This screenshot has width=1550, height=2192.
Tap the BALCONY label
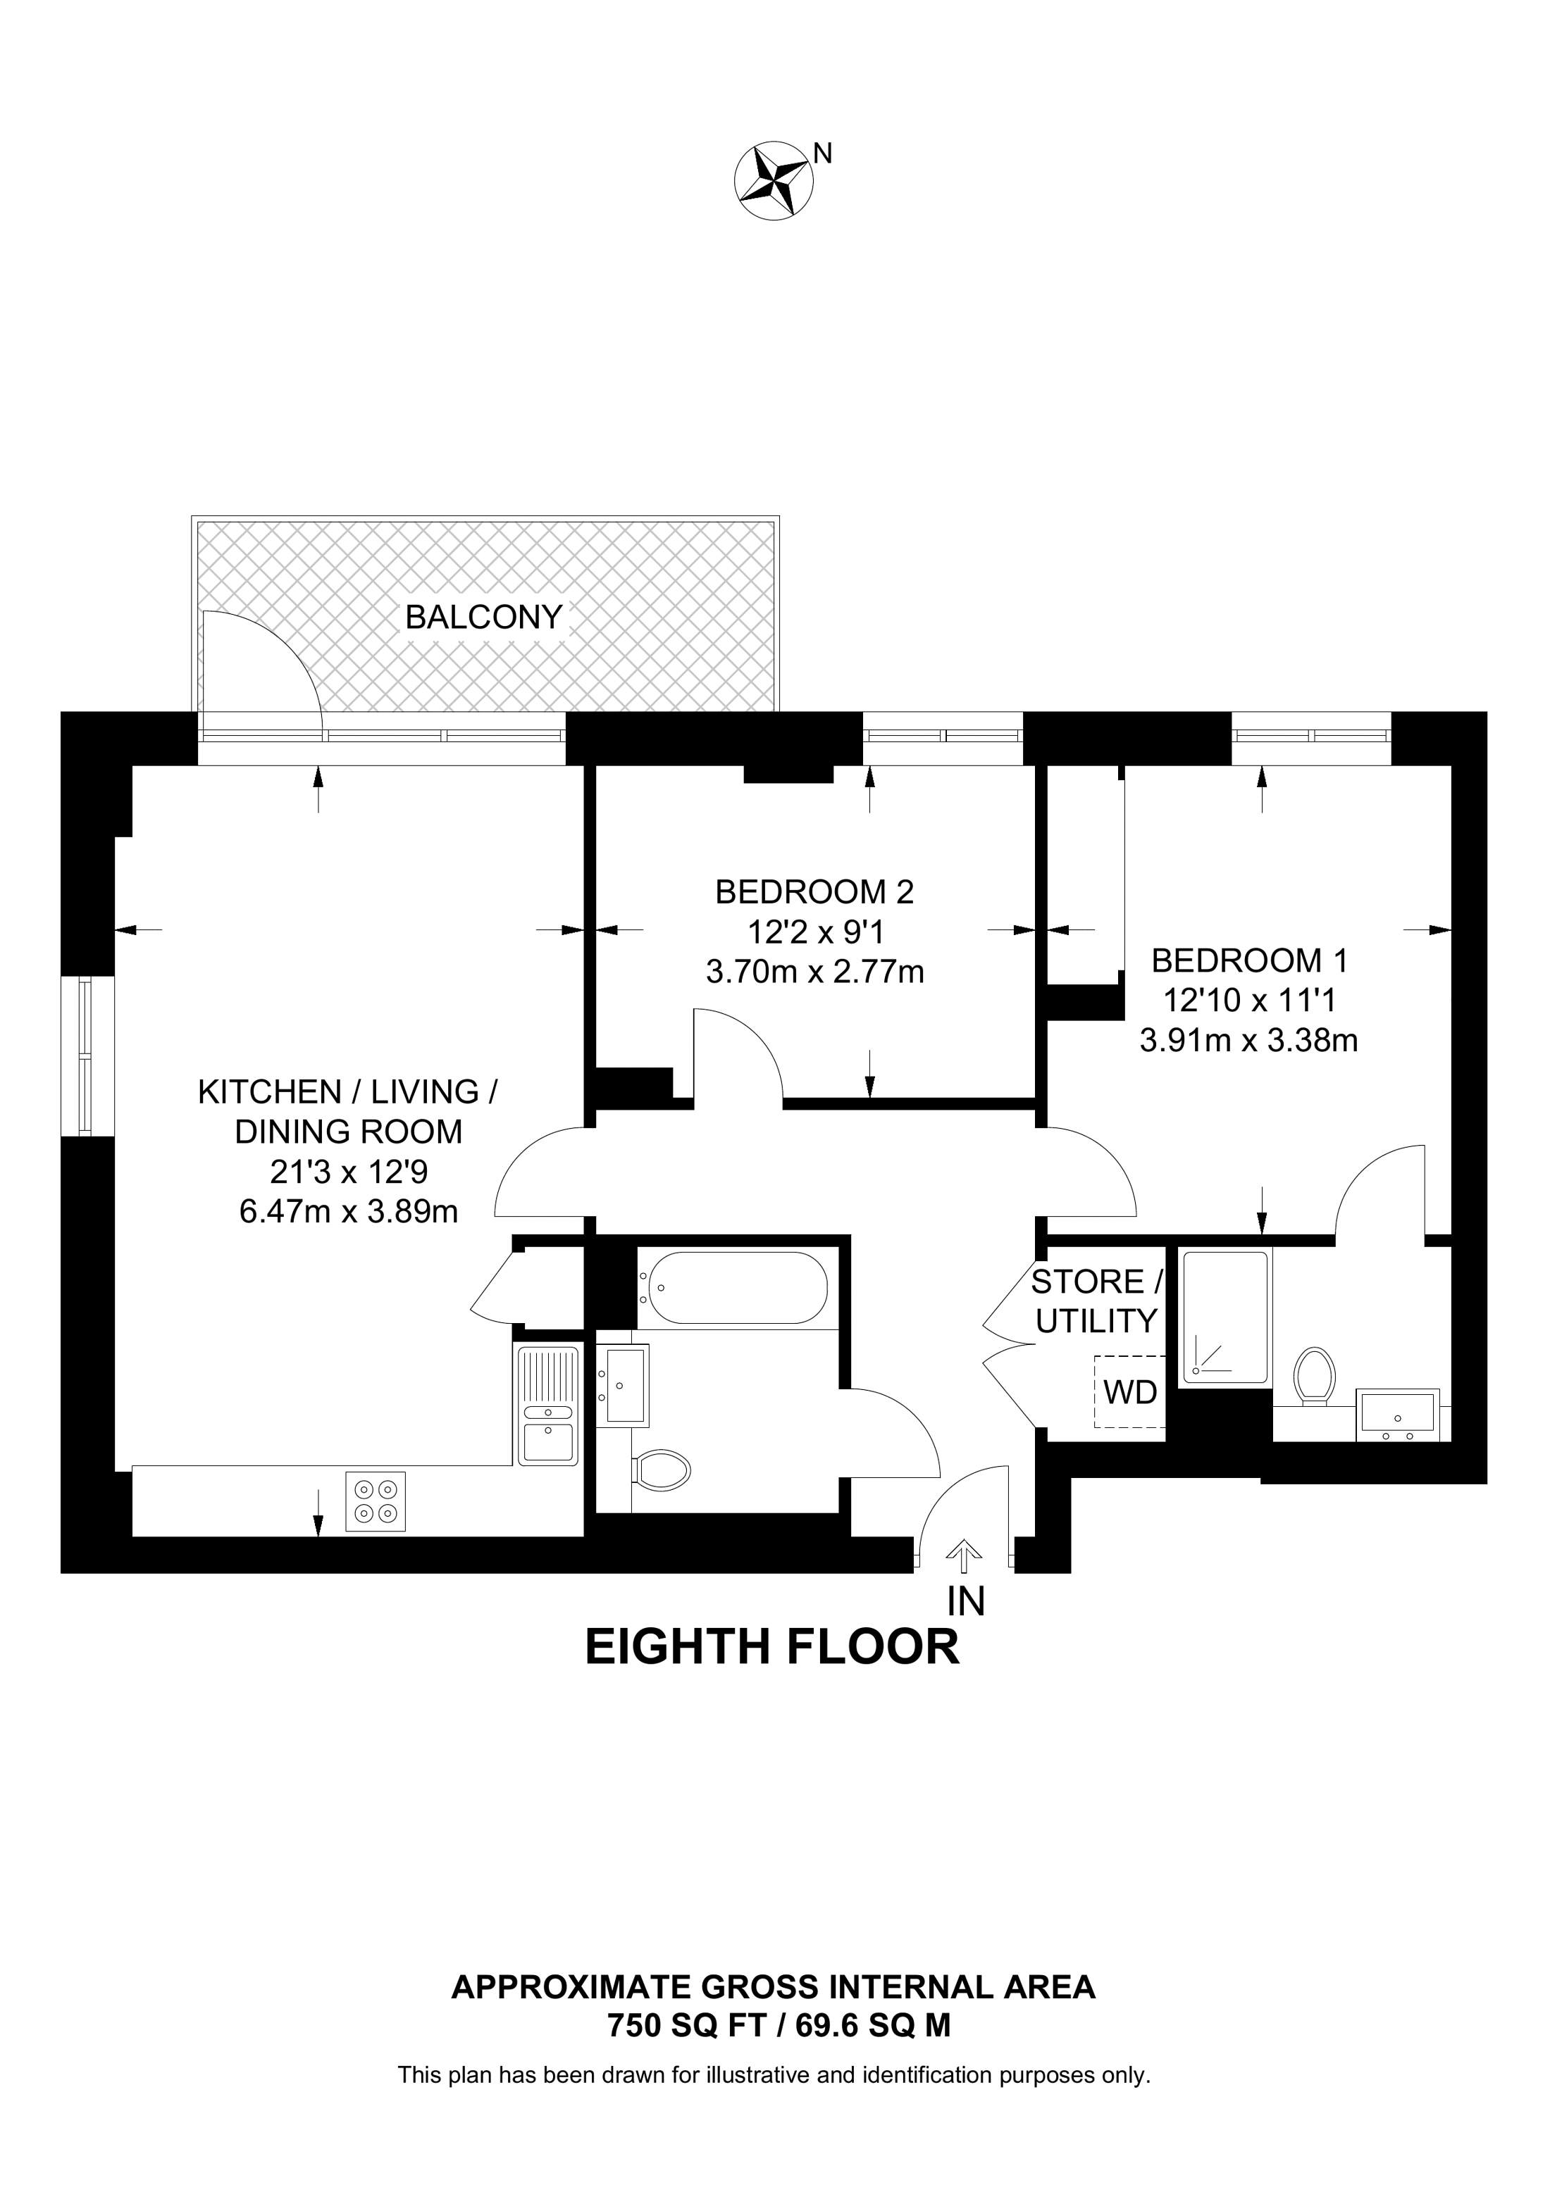pyautogui.click(x=483, y=618)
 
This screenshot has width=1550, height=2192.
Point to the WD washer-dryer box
pyautogui.click(x=1130, y=1392)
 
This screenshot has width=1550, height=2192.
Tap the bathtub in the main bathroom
pyautogui.click(x=733, y=1288)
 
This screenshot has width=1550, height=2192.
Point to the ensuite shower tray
pyautogui.click(x=1226, y=1317)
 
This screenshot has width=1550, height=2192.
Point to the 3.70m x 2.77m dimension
pyautogui.click(x=814, y=972)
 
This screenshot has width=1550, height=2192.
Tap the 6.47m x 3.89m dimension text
pyautogui.click(x=349, y=1212)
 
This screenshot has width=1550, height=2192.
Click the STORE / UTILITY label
pyautogui.click(x=1097, y=1301)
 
